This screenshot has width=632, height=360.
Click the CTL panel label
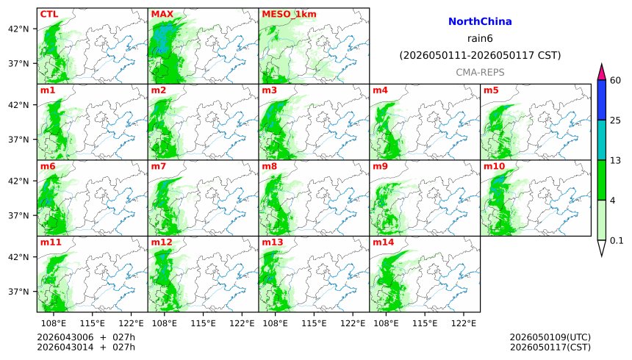click(x=49, y=14)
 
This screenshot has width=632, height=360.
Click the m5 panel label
click(x=490, y=90)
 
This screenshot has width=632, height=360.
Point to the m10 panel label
click(x=493, y=167)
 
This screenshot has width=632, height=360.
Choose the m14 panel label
click(x=382, y=242)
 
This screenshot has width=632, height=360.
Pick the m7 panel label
click(x=158, y=167)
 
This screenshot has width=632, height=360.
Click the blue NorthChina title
click(x=480, y=22)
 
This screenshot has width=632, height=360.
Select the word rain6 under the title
click(x=480, y=38)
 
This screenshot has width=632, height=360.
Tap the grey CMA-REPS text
click(x=480, y=72)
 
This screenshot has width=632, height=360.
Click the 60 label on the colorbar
click(x=616, y=80)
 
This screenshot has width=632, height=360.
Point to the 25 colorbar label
click(x=616, y=120)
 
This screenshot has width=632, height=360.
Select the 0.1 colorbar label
click(x=617, y=240)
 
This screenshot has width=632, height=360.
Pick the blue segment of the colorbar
click(x=601, y=100)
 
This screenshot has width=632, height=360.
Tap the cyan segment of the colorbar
click(x=601, y=140)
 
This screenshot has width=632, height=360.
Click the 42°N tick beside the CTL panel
click(x=18, y=29)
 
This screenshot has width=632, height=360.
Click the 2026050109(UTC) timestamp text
click(x=550, y=337)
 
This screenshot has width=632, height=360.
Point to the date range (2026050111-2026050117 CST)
click(x=480, y=55)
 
